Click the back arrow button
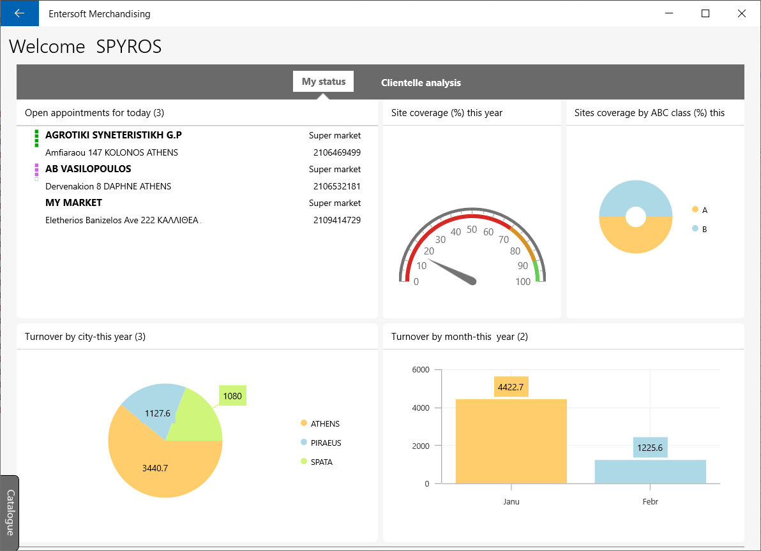(19, 13)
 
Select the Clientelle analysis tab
(421, 82)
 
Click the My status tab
(323, 82)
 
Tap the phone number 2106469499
(337, 152)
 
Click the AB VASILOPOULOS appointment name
(88, 168)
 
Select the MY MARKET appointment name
(74, 203)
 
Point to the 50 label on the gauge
(472, 229)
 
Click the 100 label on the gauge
(523, 281)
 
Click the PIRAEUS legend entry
(320, 443)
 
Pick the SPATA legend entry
(317, 462)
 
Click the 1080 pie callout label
(232, 396)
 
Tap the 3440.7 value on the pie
(155, 468)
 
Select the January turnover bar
(511, 441)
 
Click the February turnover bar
(651, 471)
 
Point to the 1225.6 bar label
(650, 447)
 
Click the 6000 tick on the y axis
(421, 370)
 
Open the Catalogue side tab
(10, 513)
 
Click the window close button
(742, 13)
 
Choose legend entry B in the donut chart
(699, 229)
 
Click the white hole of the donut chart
(636, 217)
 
